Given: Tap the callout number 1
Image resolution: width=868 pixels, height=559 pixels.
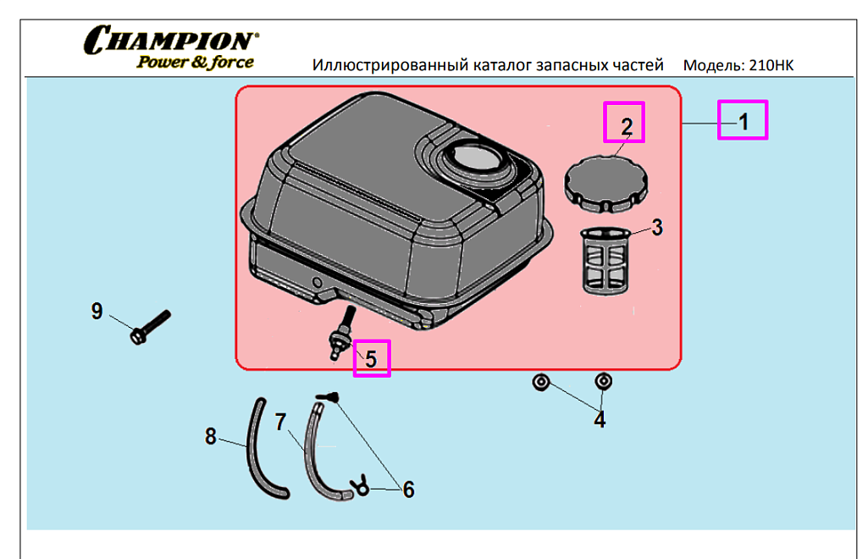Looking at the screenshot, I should click(743, 121).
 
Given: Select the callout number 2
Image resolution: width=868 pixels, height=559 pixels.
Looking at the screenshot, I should click(626, 126).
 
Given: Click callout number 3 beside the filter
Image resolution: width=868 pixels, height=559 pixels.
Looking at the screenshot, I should click(657, 227).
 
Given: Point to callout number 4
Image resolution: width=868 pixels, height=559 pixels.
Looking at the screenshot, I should click(600, 418).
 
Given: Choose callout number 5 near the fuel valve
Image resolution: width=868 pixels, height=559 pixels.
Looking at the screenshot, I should click(371, 357).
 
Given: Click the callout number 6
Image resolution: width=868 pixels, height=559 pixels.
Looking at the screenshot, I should click(408, 489).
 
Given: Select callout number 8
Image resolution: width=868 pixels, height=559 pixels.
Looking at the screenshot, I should click(211, 437).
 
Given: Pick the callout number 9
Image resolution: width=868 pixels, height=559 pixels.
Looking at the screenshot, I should click(97, 312).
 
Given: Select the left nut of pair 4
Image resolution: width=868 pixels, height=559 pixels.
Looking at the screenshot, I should click(539, 383).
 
